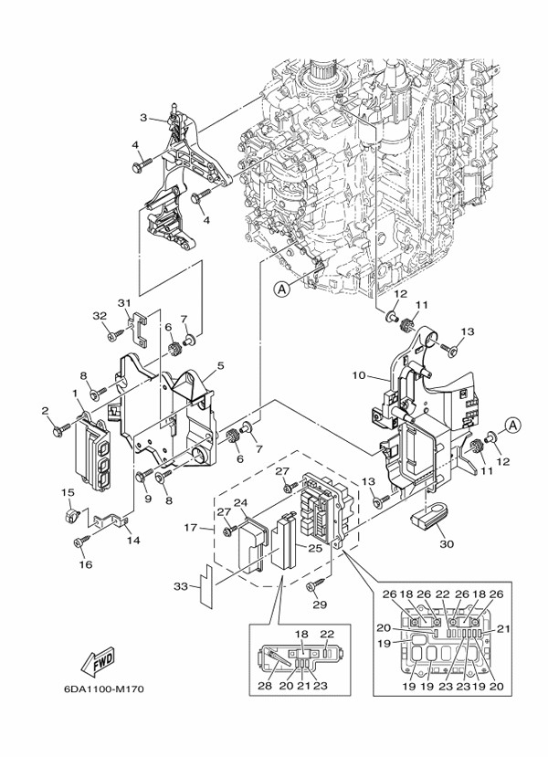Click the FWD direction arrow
coord(96,659)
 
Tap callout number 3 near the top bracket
coord(143,118)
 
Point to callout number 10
coord(359,375)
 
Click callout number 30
coord(446,544)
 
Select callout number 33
coord(180,585)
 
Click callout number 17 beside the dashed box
coord(192,527)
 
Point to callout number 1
coord(74,394)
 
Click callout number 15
coord(67,493)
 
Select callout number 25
coord(312,548)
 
